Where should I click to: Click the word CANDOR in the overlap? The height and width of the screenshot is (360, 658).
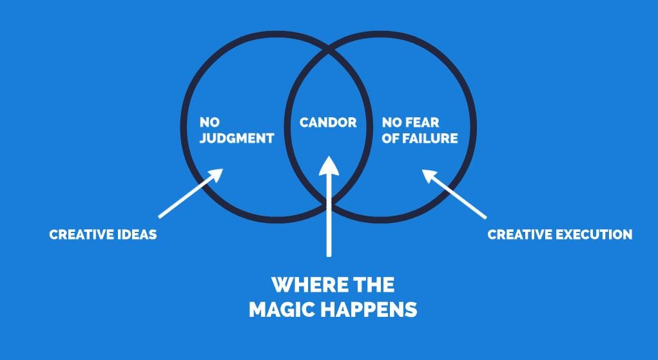coord(328,122)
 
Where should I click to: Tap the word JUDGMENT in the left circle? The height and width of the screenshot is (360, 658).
coord(237,138)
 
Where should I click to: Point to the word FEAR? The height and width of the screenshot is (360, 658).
coord(423,122)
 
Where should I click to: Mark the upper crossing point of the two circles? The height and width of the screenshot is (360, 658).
coord(328,50)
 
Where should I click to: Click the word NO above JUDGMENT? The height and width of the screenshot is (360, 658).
coord(209,122)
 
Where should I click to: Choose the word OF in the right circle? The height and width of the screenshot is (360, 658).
coord(391,138)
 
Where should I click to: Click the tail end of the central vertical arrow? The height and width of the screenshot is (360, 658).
coord(329,255)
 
